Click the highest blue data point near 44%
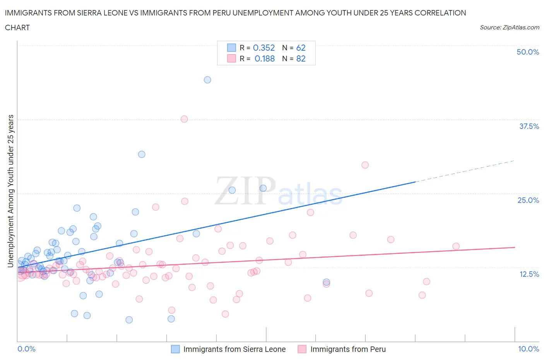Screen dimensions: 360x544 click(207, 80)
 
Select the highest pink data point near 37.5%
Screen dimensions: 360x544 click(184, 119)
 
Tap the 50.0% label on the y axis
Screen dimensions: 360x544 click(528, 52)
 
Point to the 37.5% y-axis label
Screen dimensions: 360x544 click(529, 126)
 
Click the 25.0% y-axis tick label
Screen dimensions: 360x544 click(528, 200)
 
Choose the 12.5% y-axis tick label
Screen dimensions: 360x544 click(529, 274)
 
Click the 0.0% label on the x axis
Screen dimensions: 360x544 click(26, 349)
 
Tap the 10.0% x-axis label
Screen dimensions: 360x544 click(529, 349)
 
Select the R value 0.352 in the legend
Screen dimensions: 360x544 click(264, 48)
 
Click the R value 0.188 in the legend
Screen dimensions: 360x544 click(265, 58)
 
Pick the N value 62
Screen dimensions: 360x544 click(301, 48)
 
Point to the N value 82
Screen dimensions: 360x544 click(301, 58)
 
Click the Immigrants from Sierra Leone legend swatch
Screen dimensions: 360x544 click(175, 349)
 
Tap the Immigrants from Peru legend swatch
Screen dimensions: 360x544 click(302, 349)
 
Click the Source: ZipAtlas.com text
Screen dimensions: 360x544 click(509, 27)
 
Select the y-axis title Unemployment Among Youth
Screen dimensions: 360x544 click(11, 191)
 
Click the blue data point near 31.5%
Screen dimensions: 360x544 click(142, 154)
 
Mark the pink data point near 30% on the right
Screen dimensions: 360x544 click(365, 165)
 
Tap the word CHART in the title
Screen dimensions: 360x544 click(17, 27)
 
